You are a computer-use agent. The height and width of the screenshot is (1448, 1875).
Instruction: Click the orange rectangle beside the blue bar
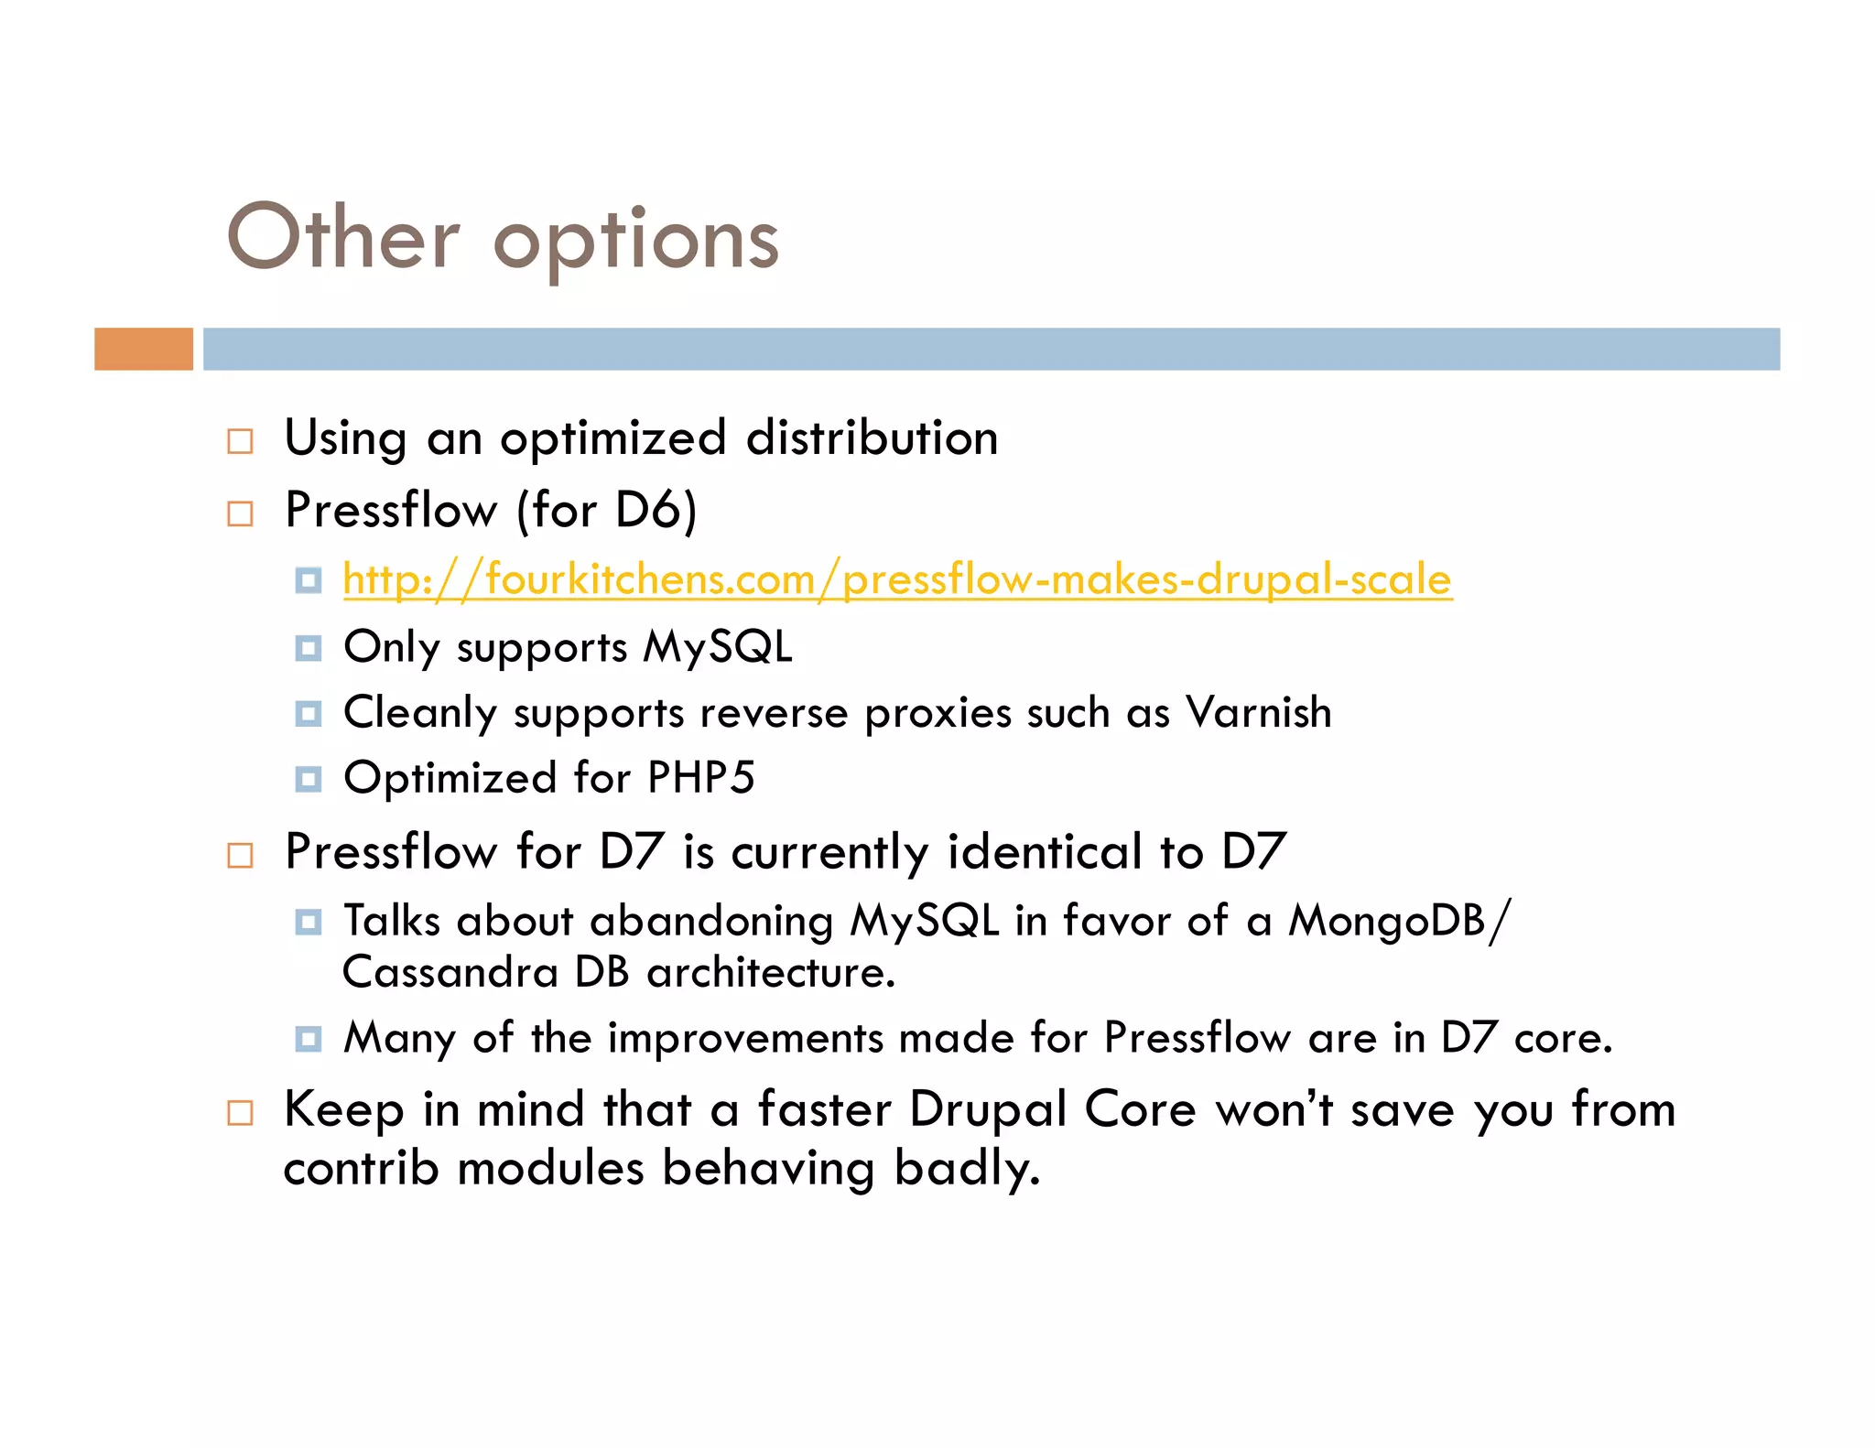(x=144, y=349)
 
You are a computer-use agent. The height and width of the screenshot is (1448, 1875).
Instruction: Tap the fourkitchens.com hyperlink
(x=897, y=579)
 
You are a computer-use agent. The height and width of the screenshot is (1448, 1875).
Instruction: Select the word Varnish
(x=1258, y=712)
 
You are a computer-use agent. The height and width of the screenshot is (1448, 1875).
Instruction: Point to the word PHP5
(x=700, y=778)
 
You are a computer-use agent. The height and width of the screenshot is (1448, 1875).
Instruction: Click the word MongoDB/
(x=1400, y=921)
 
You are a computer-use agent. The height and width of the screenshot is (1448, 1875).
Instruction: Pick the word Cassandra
(x=450, y=972)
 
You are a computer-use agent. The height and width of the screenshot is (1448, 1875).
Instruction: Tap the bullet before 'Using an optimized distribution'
(x=240, y=441)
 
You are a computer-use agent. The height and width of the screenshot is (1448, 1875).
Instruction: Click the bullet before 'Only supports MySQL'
(x=309, y=648)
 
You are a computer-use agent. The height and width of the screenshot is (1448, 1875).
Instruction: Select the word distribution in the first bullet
(x=872, y=438)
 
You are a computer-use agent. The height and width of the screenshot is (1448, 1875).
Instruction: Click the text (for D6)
(x=606, y=510)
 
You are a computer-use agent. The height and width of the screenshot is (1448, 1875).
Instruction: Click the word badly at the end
(x=966, y=1169)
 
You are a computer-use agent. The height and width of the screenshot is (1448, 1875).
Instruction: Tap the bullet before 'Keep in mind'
(x=240, y=1113)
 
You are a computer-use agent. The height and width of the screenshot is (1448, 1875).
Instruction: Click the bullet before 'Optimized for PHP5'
(x=309, y=779)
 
